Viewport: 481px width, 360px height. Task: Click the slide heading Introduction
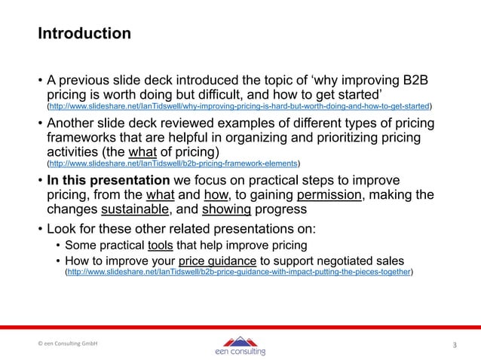(84, 35)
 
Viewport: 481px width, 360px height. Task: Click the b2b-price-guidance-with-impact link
(239, 272)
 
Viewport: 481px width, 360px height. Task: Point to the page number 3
(454, 345)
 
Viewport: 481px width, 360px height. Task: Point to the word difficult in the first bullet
(263, 95)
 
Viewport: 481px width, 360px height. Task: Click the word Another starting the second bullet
(78, 123)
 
